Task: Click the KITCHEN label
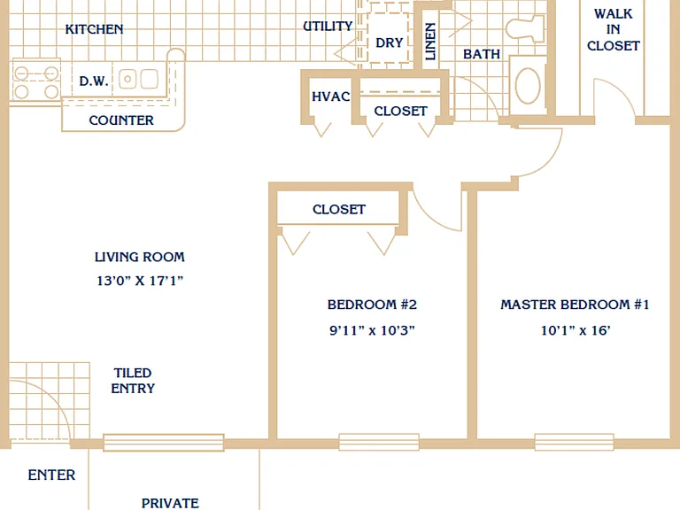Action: coord(94,29)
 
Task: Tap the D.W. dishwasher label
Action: coord(94,81)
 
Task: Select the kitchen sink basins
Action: coord(139,79)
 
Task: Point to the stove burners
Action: coord(36,82)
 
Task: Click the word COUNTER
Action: coord(121,120)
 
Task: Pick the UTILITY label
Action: coord(328,26)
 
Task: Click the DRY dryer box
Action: coord(388,38)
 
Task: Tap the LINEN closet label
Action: coord(429,42)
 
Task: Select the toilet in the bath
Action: coord(525,28)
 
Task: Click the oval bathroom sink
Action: coord(528,85)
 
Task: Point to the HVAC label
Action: coord(331,97)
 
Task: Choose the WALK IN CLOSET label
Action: coord(614,29)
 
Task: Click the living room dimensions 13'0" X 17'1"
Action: coord(140,281)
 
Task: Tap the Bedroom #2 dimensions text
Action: coord(372,330)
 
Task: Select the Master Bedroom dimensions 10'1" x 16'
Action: coord(576,330)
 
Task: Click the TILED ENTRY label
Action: coord(133,381)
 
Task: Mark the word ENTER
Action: coord(51,475)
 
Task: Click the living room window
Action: coord(164,443)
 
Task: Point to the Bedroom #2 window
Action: coord(379,442)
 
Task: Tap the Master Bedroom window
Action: coord(574,442)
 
